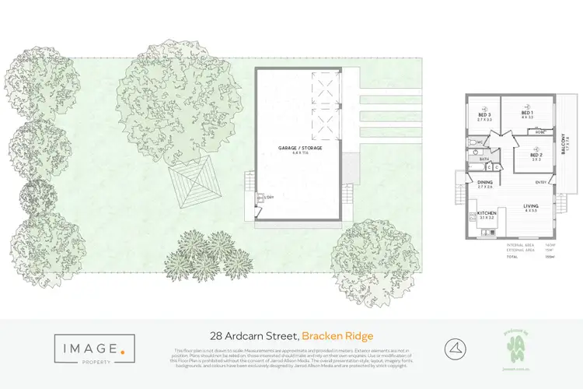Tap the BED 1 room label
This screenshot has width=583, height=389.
pos(526,114)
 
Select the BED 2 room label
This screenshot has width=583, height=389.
pos(536,154)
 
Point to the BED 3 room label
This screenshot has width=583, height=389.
pos(485,114)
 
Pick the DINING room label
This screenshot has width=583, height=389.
pos(484,184)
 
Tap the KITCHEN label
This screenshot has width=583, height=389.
pos(487,212)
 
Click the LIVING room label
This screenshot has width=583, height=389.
pos(531,206)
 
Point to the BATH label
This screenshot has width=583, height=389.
pos(484,159)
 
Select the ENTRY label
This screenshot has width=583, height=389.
pos(540,183)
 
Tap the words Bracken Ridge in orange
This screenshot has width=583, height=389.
pos(337,335)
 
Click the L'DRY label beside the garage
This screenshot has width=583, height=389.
pos(269,198)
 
